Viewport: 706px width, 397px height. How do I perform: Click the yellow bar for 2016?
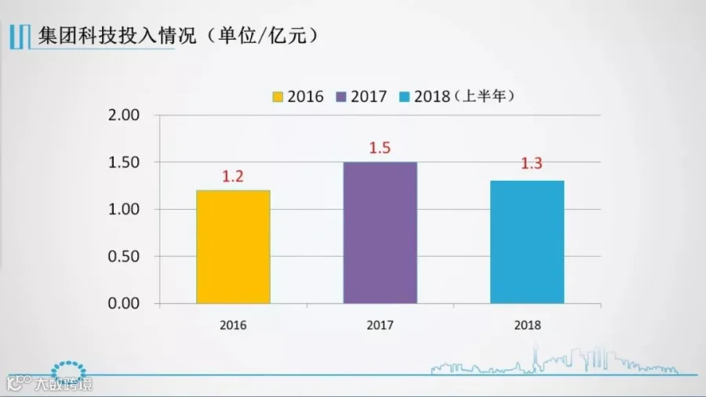click(233, 247)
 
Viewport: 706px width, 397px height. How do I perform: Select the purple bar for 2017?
click(380, 233)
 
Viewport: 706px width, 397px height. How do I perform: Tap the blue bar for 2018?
click(527, 242)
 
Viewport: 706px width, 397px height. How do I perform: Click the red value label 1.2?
click(233, 176)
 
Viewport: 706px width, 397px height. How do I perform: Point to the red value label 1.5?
click(380, 148)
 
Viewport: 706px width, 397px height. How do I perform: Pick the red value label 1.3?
click(532, 163)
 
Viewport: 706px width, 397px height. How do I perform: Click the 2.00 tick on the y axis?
click(124, 115)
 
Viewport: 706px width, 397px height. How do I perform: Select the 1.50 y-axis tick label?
click(124, 162)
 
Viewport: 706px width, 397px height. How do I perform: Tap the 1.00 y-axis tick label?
click(124, 210)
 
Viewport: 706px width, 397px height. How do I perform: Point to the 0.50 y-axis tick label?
click(124, 256)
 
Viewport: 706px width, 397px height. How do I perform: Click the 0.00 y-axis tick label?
click(124, 304)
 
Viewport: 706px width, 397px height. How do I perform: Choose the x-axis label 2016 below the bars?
click(233, 325)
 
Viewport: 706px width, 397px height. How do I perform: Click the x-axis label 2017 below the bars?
click(380, 325)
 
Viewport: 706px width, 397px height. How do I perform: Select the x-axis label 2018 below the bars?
click(527, 325)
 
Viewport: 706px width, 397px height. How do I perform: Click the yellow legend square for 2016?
click(278, 96)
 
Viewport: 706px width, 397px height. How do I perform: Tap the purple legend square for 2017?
click(341, 96)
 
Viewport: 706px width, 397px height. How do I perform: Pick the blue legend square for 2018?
click(404, 96)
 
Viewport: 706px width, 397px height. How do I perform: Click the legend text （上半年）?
click(483, 96)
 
